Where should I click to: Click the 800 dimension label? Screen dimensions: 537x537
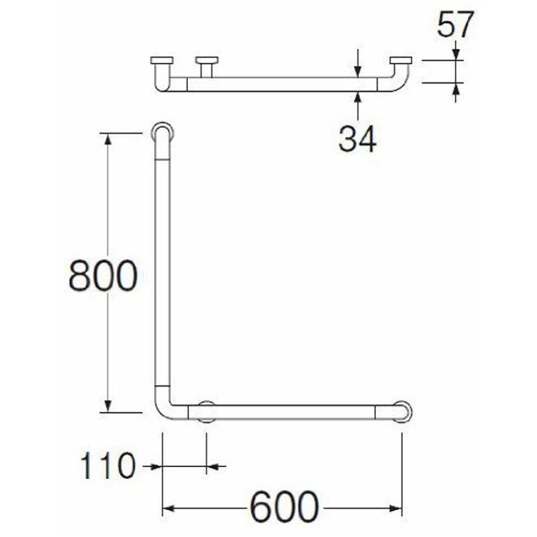click(103, 276)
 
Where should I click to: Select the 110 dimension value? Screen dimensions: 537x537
click(107, 466)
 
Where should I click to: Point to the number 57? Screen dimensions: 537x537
click(455, 24)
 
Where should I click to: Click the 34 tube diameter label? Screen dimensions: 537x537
click(357, 138)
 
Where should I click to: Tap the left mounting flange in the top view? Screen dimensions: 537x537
click(162, 61)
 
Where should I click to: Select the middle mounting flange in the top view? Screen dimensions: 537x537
click(207, 61)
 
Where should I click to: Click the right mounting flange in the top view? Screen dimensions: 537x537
click(401, 61)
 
